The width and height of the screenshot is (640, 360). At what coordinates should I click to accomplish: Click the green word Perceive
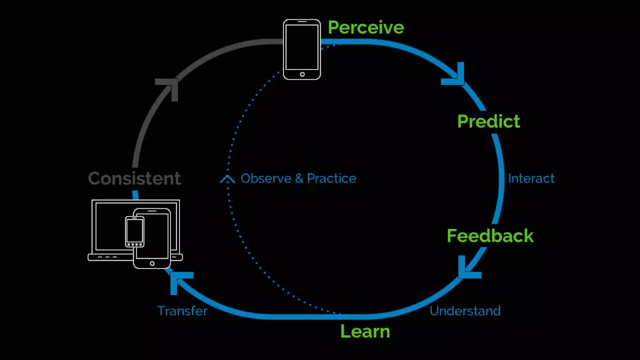click(x=366, y=27)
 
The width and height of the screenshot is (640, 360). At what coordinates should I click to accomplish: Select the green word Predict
click(x=488, y=121)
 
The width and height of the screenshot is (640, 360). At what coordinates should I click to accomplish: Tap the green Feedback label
click(x=490, y=236)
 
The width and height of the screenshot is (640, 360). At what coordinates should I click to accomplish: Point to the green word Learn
click(x=365, y=331)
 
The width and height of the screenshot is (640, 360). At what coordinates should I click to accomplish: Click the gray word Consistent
click(x=134, y=178)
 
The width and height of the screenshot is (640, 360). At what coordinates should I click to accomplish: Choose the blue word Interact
click(x=531, y=178)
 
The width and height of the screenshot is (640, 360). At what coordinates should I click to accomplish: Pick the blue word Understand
click(x=465, y=311)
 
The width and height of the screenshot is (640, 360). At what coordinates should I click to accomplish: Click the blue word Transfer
click(x=182, y=311)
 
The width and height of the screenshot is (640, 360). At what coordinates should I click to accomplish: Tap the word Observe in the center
click(x=266, y=178)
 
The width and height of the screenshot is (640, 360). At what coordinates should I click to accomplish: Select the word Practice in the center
click(x=331, y=178)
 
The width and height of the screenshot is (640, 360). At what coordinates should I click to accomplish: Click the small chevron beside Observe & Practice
click(x=227, y=179)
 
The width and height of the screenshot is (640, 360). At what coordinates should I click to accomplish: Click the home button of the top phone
click(x=302, y=74)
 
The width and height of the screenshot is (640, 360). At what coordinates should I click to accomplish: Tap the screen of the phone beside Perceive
click(x=302, y=47)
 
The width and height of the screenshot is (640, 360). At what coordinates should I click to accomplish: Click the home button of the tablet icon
click(x=152, y=263)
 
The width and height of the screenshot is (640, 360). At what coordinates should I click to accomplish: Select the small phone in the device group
click(x=135, y=231)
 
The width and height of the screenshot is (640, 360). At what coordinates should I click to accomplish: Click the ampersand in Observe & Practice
click(x=299, y=178)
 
